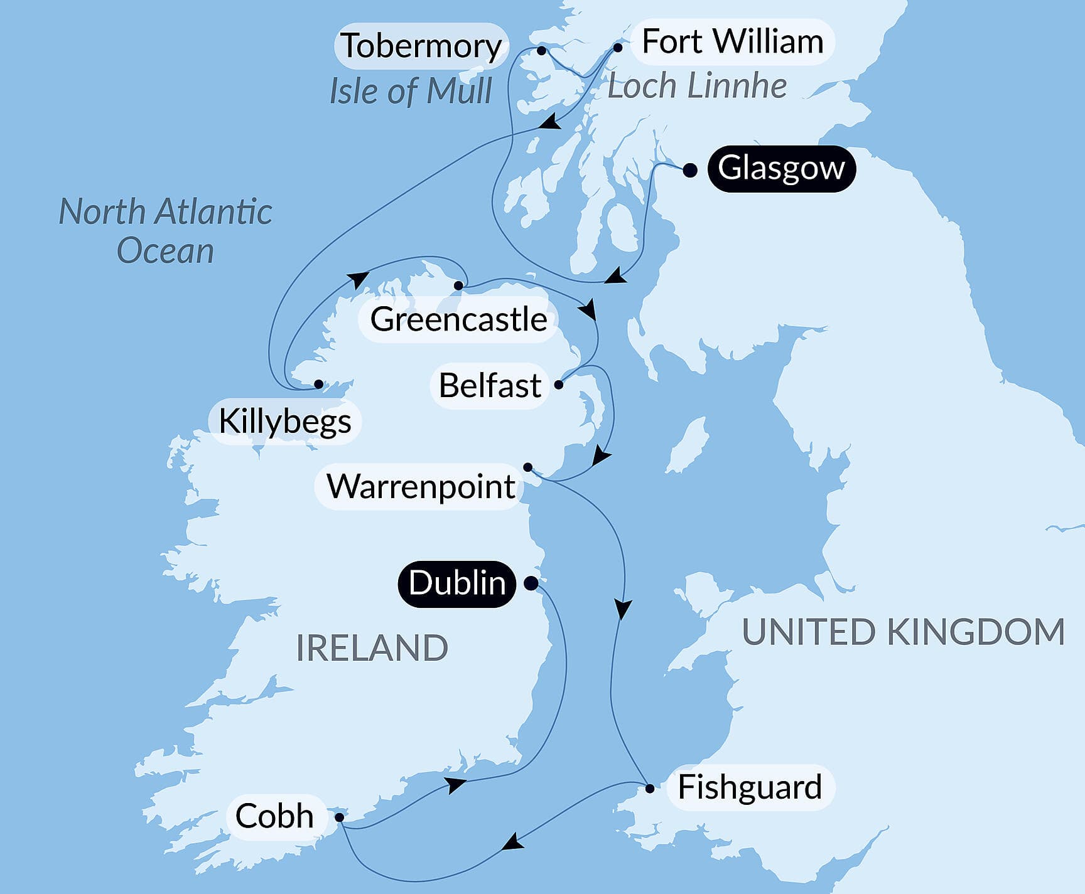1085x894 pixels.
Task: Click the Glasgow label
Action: pyautogui.click(x=781, y=169)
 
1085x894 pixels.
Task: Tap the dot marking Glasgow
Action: pyautogui.click(x=689, y=171)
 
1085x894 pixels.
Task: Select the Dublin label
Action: pyautogui.click(x=457, y=583)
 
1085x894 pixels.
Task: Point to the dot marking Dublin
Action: pyautogui.click(x=531, y=583)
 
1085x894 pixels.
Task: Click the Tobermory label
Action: pyautogui.click(x=421, y=46)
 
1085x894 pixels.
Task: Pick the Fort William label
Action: pyautogui.click(x=732, y=42)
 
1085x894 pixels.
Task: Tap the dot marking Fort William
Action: pyautogui.click(x=618, y=48)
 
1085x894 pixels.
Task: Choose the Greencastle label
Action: pyautogui.click(x=458, y=319)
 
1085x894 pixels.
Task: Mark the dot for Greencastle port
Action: pyautogui.click(x=458, y=285)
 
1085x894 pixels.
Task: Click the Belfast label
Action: pyautogui.click(x=490, y=385)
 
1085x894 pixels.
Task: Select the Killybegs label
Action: pyautogui.click(x=284, y=421)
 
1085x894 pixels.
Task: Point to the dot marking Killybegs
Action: pyautogui.click(x=318, y=384)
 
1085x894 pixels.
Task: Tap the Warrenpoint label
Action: pyautogui.click(x=421, y=486)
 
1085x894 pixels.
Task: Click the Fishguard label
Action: pyautogui.click(x=750, y=787)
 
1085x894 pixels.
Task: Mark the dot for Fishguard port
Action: pyautogui.click(x=650, y=789)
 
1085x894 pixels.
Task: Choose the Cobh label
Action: pyautogui.click(x=274, y=816)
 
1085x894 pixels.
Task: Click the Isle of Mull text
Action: pyautogui.click(x=411, y=91)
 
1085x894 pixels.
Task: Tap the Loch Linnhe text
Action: pyautogui.click(x=697, y=86)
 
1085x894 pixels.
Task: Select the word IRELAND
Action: pyautogui.click(x=372, y=648)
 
